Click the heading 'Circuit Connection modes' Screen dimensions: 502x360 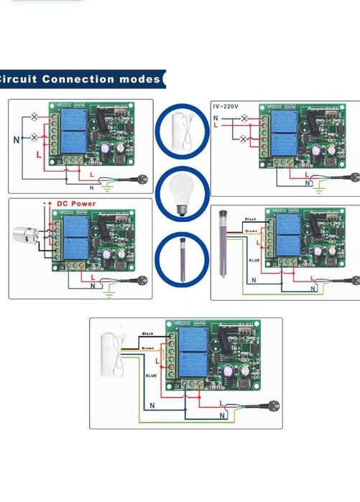[x=80, y=79]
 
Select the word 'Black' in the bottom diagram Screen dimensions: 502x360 [x=148, y=334]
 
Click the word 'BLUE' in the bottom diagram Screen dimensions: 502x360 [x=151, y=375]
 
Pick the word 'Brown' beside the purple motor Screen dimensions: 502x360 [x=251, y=231]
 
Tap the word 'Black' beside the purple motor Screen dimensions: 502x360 [x=250, y=219]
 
